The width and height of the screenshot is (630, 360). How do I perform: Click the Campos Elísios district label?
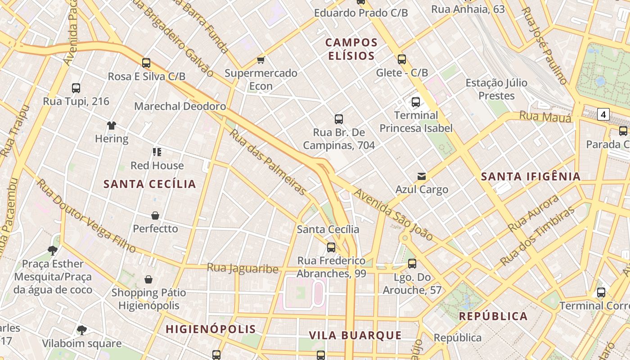click(351, 49)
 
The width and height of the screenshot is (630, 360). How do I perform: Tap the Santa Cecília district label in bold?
click(150, 184)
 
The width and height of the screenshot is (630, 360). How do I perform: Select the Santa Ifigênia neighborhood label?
click(531, 176)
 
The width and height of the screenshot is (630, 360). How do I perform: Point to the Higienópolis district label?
click(211, 329)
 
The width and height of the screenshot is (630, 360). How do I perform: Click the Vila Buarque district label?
click(355, 335)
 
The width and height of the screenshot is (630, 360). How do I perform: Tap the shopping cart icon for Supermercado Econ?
click(261, 60)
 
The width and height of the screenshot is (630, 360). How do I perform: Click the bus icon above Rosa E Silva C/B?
click(146, 63)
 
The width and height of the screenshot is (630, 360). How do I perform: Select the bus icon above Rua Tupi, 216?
click(76, 88)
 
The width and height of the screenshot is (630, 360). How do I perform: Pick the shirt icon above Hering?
click(112, 125)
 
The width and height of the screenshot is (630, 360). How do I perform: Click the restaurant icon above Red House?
click(157, 152)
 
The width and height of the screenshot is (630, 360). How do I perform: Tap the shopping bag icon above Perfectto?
click(155, 216)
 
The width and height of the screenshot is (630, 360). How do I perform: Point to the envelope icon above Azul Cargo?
click(422, 176)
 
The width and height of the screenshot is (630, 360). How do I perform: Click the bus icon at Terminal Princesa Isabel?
click(416, 102)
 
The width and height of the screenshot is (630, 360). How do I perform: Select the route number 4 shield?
click(603, 114)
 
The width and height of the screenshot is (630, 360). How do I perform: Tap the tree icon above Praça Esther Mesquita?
click(53, 250)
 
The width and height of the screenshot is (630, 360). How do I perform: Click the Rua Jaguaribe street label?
click(243, 269)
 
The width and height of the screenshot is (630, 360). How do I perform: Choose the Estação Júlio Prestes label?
click(496, 89)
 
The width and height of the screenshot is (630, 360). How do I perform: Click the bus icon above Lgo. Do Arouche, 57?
click(412, 264)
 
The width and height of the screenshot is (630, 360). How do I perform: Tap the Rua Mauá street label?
click(545, 117)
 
